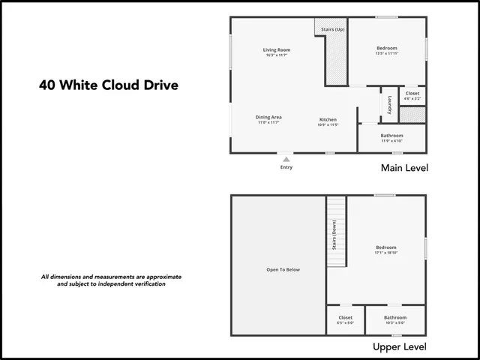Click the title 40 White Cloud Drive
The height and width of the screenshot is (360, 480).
109,85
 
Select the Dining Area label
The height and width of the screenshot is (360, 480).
268,117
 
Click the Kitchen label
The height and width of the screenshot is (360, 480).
328,120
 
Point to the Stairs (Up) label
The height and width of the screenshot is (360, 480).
332,30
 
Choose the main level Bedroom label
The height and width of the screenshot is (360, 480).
387,49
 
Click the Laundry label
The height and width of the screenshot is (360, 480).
390,106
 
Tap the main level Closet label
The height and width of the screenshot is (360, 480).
412,94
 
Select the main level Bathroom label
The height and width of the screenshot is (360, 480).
391,136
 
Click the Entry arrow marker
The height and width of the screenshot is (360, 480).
286,158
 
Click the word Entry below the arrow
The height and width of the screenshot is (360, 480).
286,167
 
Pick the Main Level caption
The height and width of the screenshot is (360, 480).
404,168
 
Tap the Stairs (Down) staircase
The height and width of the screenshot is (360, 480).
336,232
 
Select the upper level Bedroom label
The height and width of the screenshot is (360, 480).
386,247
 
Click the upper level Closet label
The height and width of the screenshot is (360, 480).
345,317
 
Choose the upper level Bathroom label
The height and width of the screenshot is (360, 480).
395,317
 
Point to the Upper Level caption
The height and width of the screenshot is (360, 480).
400,346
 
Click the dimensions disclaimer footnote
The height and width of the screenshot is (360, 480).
111,280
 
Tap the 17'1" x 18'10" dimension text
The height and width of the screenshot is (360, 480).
386,253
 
